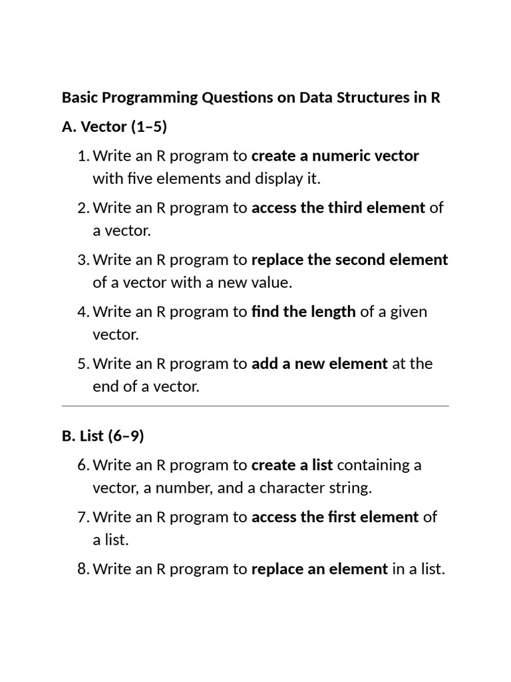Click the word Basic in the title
coord(79,98)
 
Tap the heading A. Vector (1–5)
coord(114,127)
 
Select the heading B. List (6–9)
coord(102,436)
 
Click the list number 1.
coord(83,156)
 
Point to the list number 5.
coord(83,364)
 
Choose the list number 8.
coord(83,569)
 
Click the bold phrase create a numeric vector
coord(335,156)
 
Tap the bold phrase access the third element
coord(338,207)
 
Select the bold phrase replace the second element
coord(349,259)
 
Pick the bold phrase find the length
coord(303,311)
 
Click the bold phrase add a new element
coord(319,364)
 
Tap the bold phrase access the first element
coord(335,516)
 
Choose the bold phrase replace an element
coord(319,569)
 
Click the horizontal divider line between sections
coord(255,405)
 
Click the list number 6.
coord(83,464)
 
